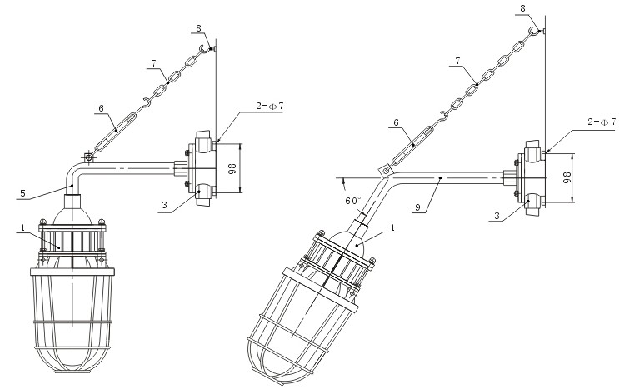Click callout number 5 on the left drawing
22,193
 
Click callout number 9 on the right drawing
417,206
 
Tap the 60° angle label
353,201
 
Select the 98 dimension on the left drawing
232,169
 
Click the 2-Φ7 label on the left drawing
270,106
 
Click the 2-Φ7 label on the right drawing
602,122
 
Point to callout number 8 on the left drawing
198,28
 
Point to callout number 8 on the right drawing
523,8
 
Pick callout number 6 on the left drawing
101,108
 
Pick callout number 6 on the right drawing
396,122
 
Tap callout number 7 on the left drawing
153,63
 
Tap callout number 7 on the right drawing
457,61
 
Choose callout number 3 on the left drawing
165,205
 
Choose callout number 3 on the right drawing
497,216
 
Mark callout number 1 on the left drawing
22,227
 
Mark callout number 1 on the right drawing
392,227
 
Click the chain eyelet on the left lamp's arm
89,157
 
